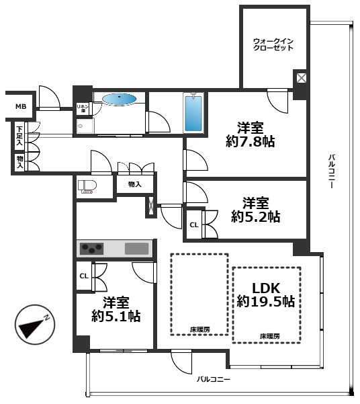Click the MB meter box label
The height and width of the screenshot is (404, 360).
21,106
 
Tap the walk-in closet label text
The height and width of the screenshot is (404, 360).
273,44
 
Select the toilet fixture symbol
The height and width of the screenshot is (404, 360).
87,187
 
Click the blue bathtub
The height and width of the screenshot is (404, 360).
193,114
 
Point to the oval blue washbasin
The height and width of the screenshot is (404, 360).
119,99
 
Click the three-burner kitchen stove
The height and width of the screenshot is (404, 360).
91,249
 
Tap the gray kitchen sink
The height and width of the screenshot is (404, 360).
137,249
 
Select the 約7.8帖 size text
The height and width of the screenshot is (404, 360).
250,141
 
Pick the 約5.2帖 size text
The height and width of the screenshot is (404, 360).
255,216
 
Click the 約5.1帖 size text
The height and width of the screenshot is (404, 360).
116,316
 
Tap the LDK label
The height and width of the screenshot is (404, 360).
266,288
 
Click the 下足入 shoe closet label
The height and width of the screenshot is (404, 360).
20,136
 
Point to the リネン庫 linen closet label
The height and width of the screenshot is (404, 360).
83,108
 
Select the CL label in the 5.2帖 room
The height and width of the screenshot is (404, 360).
194,225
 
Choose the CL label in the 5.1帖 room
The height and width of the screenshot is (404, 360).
84,276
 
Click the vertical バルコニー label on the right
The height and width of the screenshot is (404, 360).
332,171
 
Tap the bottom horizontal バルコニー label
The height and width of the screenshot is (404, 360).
214,379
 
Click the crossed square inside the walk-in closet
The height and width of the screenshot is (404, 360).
302,78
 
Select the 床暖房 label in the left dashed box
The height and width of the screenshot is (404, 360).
200,329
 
